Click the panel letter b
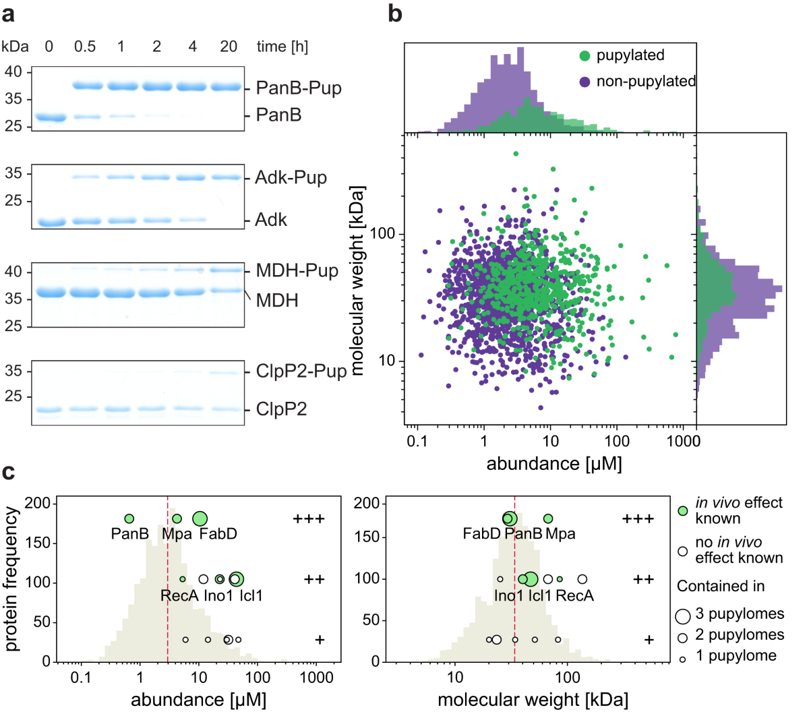(x=395, y=13)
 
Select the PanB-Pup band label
(x=299, y=88)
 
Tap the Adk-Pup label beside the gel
(x=291, y=178)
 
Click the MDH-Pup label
(x=297, y=271)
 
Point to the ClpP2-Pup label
(x=301, y=372)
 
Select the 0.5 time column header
(x=85, y=47)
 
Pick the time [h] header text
(x=282, y=47)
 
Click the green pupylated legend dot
(x=585, y=56)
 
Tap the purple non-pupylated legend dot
(x=585, y=82)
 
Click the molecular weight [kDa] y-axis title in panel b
(x=357, y=280)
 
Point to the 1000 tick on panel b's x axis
(x=682, y=442)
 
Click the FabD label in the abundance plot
(x=218, y=535)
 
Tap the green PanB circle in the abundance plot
(x=129, y=518)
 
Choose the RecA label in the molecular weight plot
(x=574, y=596)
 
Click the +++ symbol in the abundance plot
(x=309, y=518)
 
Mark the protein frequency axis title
(x=11, y=580)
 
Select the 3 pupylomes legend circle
(x=683, y=615)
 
